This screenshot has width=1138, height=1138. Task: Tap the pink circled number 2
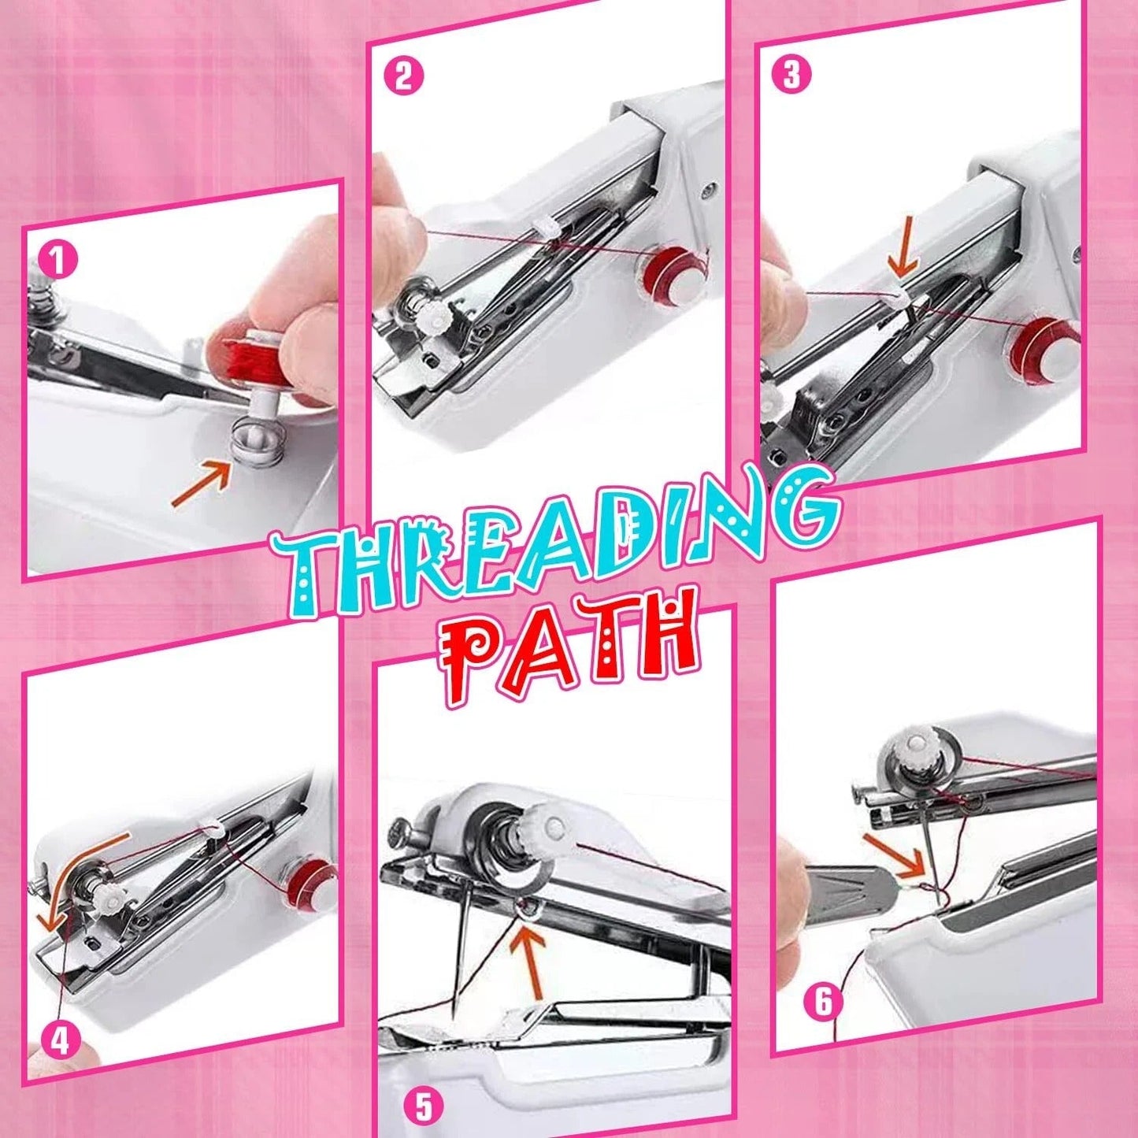point(403,77)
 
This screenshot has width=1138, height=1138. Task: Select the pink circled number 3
point(791,75)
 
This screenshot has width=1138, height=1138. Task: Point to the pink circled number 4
point(60,1041)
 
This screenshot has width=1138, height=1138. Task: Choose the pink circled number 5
point(424,1106)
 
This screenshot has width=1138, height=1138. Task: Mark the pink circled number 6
point(823,1002)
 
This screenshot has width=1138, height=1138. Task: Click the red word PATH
point(571,650)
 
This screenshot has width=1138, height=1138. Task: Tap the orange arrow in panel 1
point(202,484)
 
